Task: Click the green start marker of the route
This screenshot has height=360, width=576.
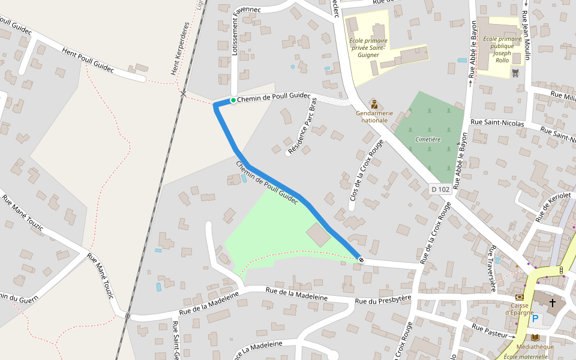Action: pyautogui.click(x=233, y=100)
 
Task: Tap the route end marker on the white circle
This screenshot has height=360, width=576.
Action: pyautogui.click(x=361, y=260)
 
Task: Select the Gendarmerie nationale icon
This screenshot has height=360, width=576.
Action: pyautogui.click(x=374, y=104)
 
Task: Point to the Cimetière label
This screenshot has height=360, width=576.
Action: pyautogui.click(x=428, y=139)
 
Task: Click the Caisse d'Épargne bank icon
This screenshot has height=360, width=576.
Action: pyautogui.click(x=519, y=297)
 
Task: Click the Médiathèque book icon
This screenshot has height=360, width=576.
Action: pyautogui.click(x=535, y=338)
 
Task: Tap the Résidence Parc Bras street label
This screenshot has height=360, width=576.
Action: pyautogui.click(x=302, y=127)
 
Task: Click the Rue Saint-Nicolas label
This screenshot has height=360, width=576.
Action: pyautogui.click(x=497, y=123)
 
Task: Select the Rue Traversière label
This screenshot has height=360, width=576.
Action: pyautogui.click(x=493, y=262)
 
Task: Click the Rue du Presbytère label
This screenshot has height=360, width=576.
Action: pyautogui.click(x=383, y=299)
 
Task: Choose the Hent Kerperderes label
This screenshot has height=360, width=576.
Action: pyautogui.click(x=180, y=49)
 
